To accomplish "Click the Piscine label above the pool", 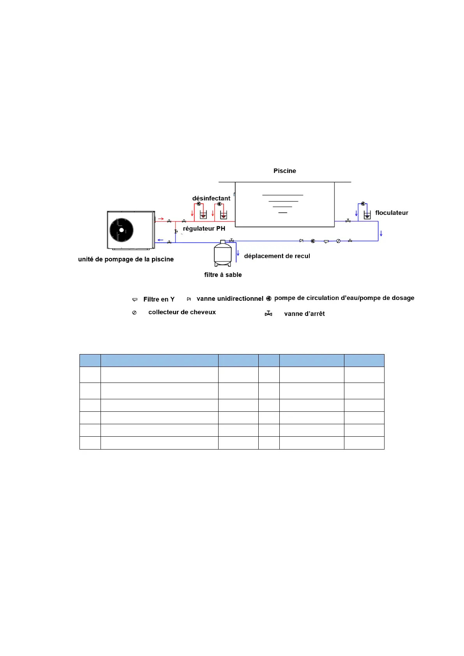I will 284,171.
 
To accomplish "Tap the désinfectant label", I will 211,198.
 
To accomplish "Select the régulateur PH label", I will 204,229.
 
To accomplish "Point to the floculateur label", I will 392,213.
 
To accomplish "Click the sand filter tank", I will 222,254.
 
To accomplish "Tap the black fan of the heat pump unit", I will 122,230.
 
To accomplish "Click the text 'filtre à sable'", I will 223,275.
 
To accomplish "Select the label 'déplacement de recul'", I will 277,256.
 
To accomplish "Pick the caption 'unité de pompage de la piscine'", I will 126,259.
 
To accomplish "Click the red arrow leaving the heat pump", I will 161,219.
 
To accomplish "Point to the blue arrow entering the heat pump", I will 161,240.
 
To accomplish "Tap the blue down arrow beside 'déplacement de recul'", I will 238,253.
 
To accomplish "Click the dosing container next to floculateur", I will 367,215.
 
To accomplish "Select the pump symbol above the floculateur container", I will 363,204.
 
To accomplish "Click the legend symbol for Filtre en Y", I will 135,300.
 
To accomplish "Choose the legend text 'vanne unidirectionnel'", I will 230,299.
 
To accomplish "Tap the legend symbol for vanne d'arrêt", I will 268,314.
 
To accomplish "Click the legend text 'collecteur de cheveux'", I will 182,312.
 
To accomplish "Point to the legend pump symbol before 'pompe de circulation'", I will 269,299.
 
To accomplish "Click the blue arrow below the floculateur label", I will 381,233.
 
